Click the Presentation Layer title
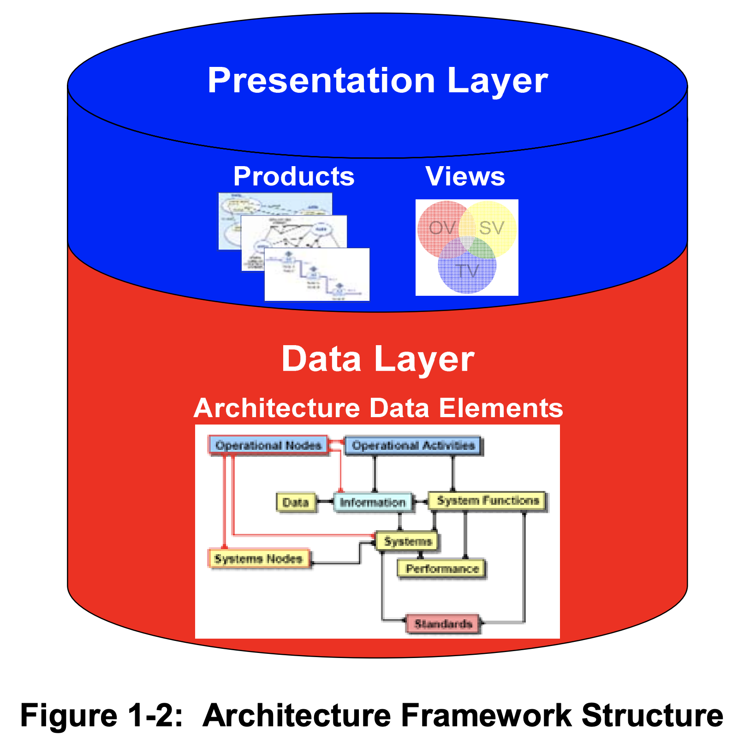[377, 81]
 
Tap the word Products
[294, 176]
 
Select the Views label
[465, 176]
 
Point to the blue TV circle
[467, 272]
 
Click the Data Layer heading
[377, 359]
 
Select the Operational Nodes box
[268, 445]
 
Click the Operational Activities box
[413, 445]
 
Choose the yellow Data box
[296, 502]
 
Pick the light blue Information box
[373, 502]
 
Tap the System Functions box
[488, 501]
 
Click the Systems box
[407, 541]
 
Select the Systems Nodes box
[258, 559]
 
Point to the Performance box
[442, 568]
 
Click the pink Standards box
[443, 624]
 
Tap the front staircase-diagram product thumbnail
[317, 275]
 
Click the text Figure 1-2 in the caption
[102, 716]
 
